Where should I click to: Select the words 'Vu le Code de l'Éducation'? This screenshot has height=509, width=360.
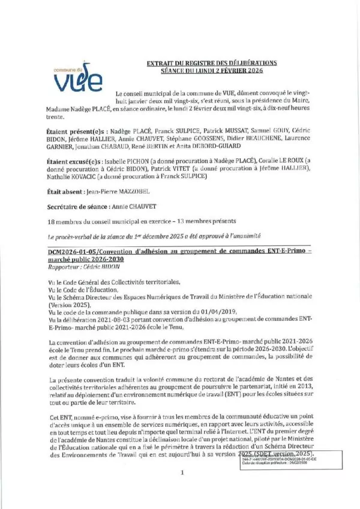pos(83,289)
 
